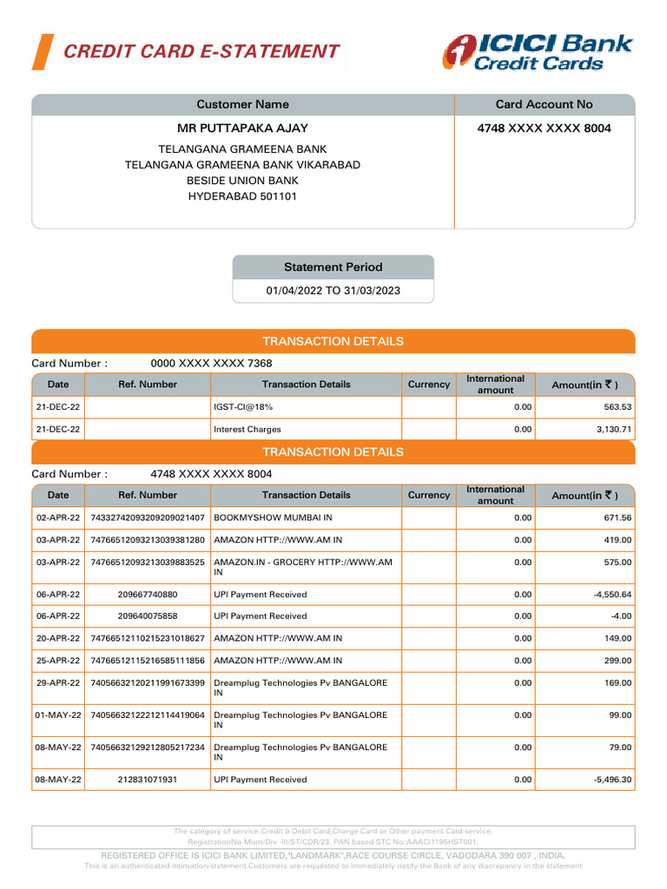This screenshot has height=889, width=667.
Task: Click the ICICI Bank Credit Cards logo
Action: tap(538, 52)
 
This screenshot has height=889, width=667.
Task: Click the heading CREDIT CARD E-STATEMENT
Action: tap(201, 51)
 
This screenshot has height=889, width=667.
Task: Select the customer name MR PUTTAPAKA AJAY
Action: tap(242, 128)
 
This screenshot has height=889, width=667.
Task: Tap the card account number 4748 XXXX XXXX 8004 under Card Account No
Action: tap(544, 128)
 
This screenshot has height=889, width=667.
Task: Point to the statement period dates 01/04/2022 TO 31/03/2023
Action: tap(333, 291)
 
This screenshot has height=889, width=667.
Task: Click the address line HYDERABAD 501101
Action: tap(242, 196)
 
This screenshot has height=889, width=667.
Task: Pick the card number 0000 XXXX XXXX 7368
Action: tap(211, 363)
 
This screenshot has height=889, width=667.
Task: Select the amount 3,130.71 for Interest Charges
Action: tap(613, 429)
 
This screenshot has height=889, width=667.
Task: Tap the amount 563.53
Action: tap(617, 406)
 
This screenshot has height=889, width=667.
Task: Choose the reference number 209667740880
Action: tap(147, 595)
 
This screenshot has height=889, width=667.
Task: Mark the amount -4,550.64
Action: tap(610, 595)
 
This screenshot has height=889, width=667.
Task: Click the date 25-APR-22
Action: tap(58, 661)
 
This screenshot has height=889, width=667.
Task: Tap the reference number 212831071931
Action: tap(147, 780)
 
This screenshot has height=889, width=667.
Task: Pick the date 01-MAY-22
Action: tap(58, 715)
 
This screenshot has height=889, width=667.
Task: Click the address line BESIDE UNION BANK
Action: tap(242, 181)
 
